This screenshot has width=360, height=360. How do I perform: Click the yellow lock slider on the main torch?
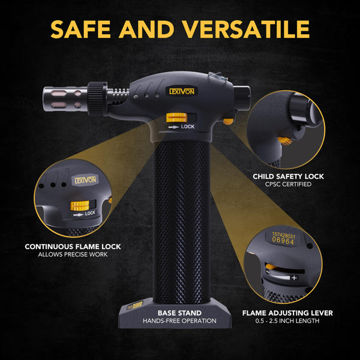174,118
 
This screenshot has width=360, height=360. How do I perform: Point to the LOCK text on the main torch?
187,127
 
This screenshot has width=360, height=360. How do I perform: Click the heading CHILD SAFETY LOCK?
289,176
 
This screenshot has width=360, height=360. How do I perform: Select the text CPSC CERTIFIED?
289,185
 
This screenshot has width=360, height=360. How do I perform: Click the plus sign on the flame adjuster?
294,278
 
